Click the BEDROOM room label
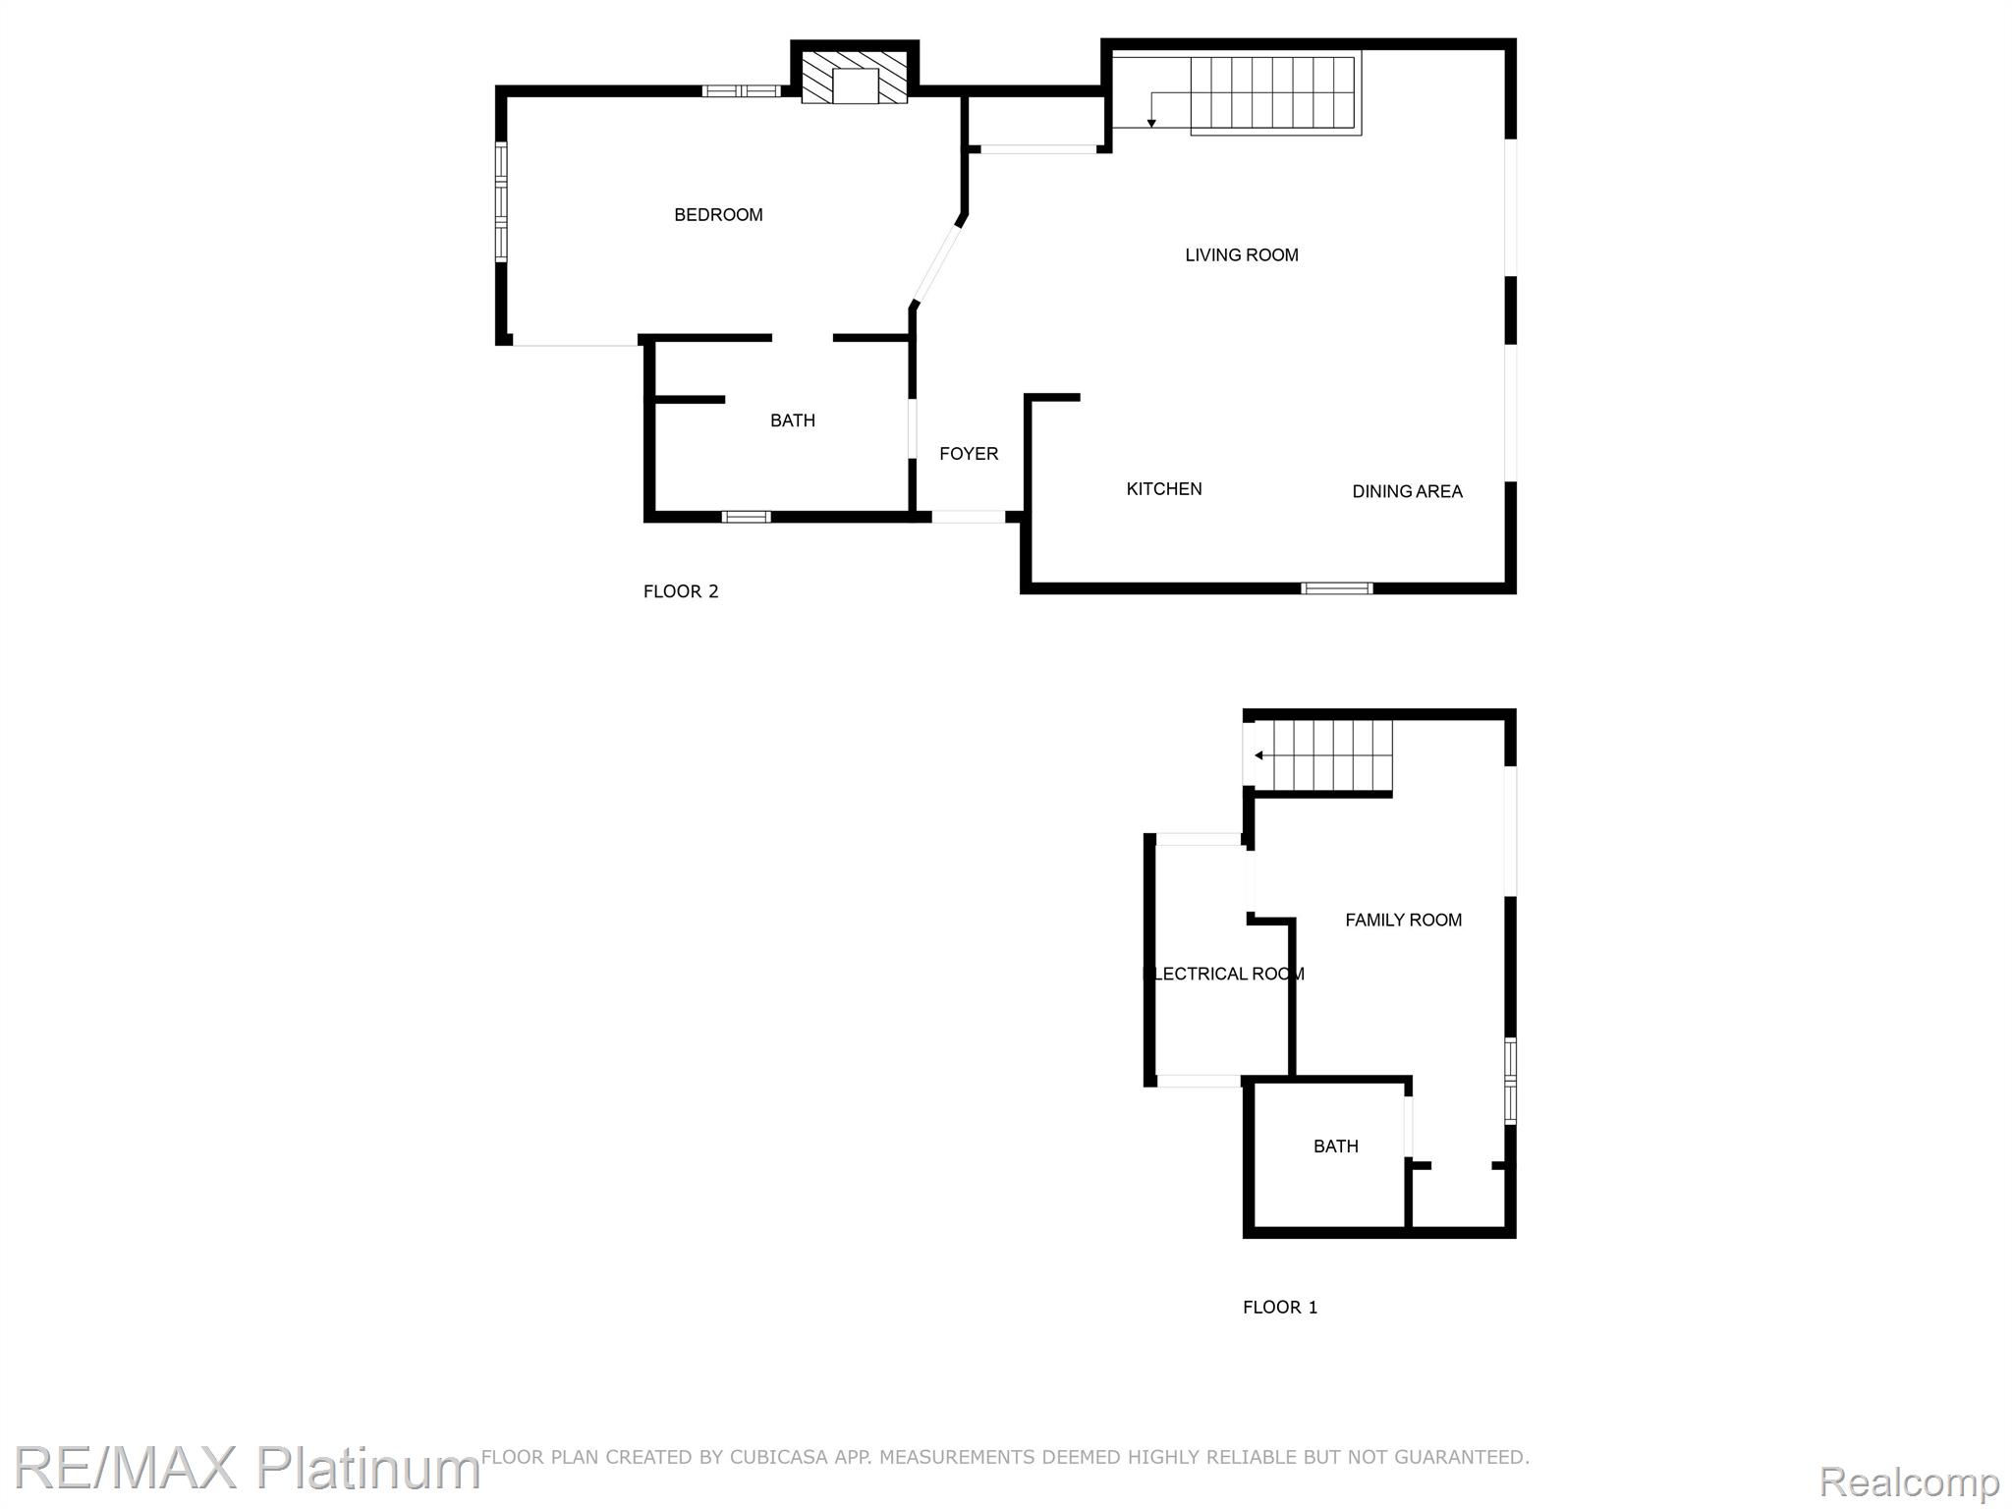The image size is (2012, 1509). point(718,215)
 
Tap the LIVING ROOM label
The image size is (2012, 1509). point(1241,255)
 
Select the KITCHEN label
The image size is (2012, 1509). point(1163,489)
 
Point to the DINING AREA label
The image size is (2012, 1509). point(1407,491)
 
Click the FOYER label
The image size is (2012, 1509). point(969,454)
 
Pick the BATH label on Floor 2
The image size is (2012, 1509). point(792,420)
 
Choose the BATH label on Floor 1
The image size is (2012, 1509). point(1335,1146)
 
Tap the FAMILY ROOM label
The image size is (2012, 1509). point(1403,921)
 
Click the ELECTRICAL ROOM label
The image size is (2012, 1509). point(1224,974)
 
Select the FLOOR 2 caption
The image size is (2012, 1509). point(681,591)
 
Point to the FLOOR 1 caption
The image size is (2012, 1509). point(1280,1308)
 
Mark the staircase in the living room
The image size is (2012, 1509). point(1273,93)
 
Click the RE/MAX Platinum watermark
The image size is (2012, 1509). point(246,1468)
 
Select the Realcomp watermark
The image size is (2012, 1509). point(1909,1481)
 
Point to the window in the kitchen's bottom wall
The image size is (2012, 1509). point(1336,588)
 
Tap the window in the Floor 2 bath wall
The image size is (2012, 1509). point(746,517)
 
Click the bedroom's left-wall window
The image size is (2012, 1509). point(501,202)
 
